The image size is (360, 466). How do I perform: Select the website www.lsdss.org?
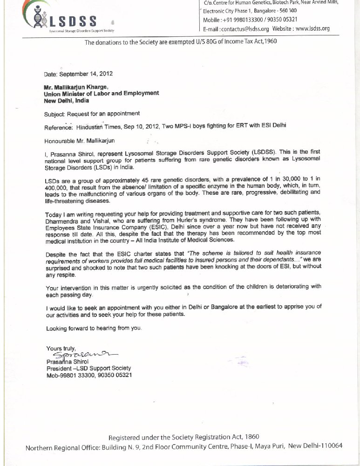(312, 28)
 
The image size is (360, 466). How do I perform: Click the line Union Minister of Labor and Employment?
(101, 93)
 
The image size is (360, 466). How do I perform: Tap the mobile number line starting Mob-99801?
(89, 375)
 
